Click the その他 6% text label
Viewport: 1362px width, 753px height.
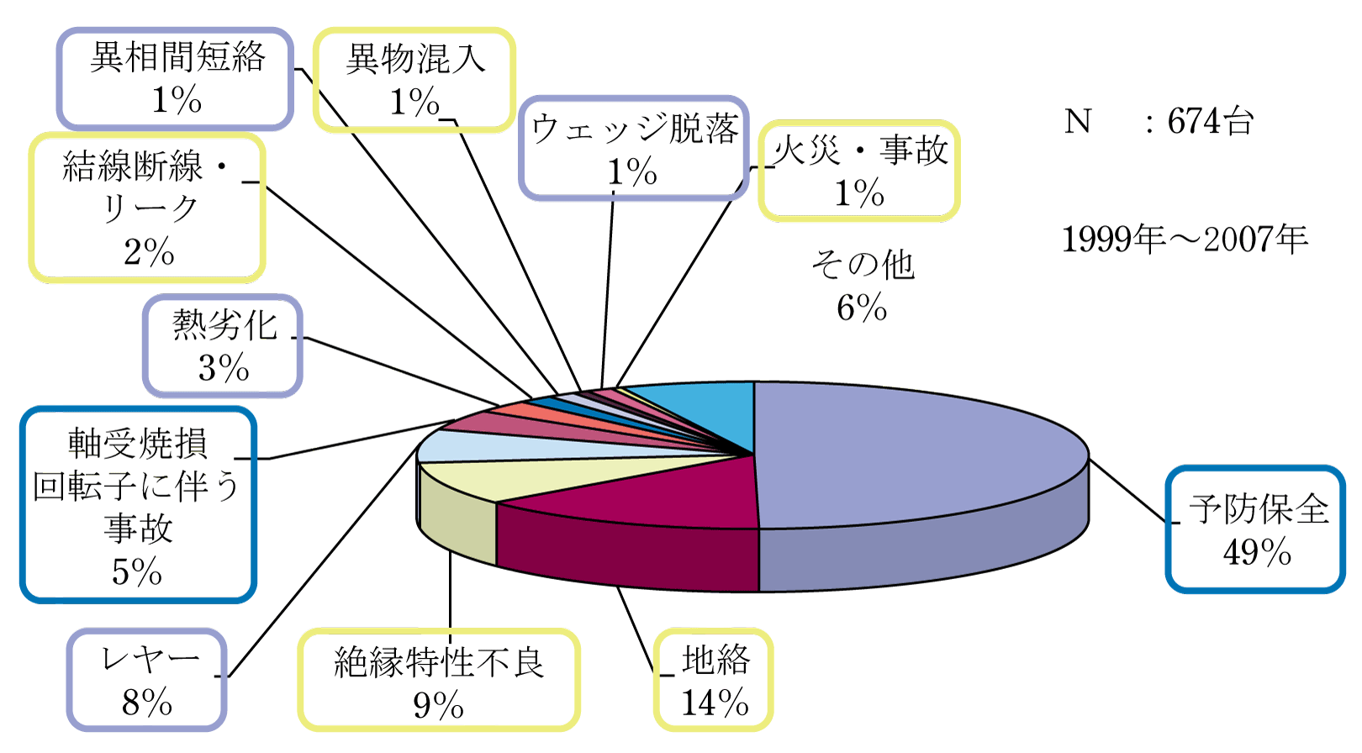tap(863, 286)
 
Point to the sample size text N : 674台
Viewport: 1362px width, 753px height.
tap(1159, 121)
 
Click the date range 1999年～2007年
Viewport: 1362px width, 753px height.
tap(1185, 239)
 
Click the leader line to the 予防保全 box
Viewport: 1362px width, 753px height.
tap(1127, 491)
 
